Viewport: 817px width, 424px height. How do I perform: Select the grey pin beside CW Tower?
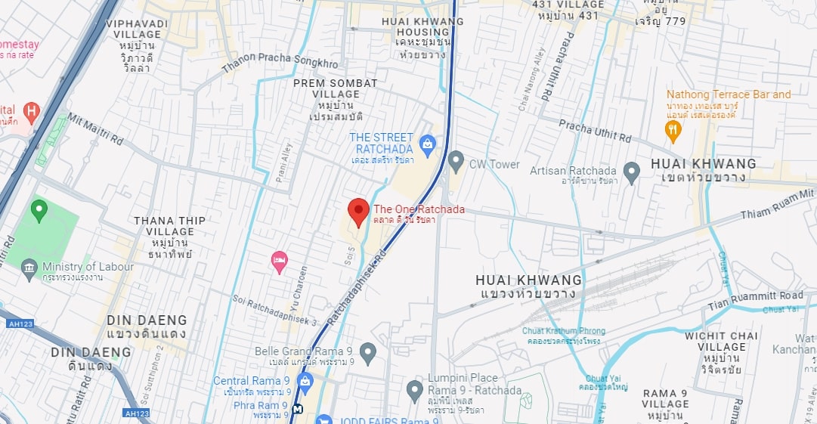456,161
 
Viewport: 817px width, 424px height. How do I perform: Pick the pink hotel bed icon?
279,262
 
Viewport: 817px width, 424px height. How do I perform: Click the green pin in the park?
39,209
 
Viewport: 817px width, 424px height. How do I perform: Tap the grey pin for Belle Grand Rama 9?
367,351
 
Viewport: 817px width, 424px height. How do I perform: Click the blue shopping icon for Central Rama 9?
305,381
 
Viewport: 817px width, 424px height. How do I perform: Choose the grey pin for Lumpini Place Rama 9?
414,390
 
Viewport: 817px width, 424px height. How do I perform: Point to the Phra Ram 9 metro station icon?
299,409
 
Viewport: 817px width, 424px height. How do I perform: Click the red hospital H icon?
31,113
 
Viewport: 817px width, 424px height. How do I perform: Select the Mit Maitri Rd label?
95,128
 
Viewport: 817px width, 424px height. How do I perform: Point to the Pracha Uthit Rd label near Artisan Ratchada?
595,131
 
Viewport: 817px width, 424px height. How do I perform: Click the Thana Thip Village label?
169,231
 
